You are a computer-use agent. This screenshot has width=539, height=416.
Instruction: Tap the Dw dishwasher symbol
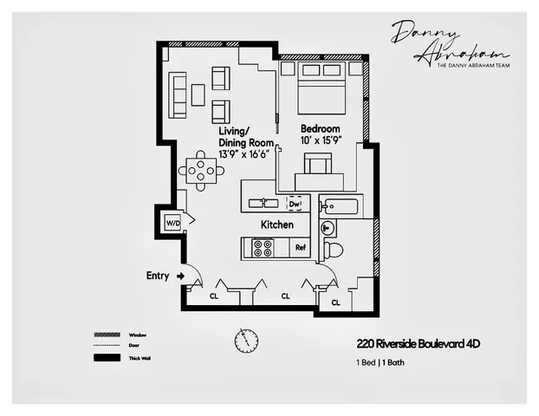coord(295,203)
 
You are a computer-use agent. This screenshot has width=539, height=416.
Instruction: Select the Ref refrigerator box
coord(301,248)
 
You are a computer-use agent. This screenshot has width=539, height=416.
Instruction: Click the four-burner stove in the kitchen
coord(262,248)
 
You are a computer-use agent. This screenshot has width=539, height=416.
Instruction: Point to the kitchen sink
coord(262,203)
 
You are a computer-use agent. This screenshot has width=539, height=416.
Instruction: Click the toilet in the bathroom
coord(332,250)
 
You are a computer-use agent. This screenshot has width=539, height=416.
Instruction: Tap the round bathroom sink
coord(328,229)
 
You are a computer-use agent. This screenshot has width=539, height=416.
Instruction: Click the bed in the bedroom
coord(320,88)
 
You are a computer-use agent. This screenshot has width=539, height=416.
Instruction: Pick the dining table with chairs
coord(200,171)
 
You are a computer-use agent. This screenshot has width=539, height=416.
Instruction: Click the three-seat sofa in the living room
coord(178,94)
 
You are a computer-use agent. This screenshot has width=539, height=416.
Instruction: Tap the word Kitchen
coord(277,224)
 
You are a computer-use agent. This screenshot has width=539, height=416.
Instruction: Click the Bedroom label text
coord(319,129)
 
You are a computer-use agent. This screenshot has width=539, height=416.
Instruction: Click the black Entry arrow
coord(180,276)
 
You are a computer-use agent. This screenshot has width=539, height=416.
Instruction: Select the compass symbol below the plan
coord(246,341)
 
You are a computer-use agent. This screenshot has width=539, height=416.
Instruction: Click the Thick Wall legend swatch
coord(106,358)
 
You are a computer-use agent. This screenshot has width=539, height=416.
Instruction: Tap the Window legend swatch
coord(106,335)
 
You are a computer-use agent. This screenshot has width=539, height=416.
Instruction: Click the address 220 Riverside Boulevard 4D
coord(418,344)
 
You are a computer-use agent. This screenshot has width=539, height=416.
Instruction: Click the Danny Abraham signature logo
coord(437,43)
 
